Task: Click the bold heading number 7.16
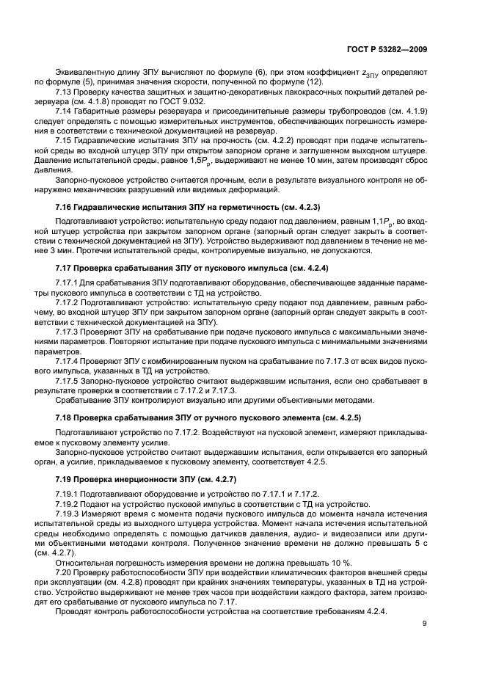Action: pyautogui.click(x=65, y=207)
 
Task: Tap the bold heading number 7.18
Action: pyautogui.click(x=65, y=417)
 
